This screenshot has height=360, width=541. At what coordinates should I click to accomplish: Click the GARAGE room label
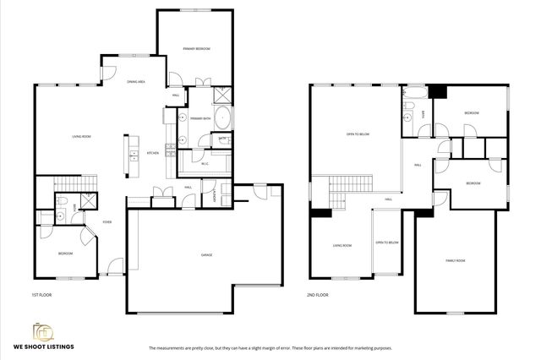tap(205, 254)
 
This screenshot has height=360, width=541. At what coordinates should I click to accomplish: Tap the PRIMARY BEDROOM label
tap(196, 49)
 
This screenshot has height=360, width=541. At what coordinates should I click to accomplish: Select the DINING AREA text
tap(136, 81)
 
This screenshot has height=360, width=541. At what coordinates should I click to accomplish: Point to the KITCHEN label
tap(153, 153)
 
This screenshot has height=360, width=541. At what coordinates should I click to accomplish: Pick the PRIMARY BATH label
tap(200, 117)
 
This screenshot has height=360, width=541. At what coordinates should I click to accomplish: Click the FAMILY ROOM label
tap(456, 260)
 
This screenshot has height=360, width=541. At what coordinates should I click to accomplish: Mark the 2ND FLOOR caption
tap(318, 295)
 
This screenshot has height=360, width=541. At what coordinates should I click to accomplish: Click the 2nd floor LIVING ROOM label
tap(342, 245)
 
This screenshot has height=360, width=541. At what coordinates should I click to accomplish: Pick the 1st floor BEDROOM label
tap(65, 254)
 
